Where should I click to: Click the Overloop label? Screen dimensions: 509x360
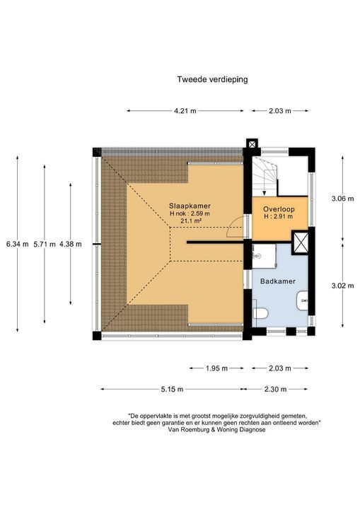point(279,209)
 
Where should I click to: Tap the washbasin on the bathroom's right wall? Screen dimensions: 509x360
point(304,300)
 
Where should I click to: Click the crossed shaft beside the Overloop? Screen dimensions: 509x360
point(301,242)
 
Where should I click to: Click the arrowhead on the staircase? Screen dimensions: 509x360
point(264,192)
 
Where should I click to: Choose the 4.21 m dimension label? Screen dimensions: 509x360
point(185,111)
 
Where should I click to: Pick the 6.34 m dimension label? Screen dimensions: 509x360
point(17,244)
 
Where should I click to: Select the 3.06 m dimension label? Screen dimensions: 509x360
point(342,199)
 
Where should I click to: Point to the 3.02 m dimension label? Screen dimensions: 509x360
point(342,286)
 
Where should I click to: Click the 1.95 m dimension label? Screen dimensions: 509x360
point(216,368)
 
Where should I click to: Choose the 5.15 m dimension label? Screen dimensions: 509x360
point(170,389)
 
